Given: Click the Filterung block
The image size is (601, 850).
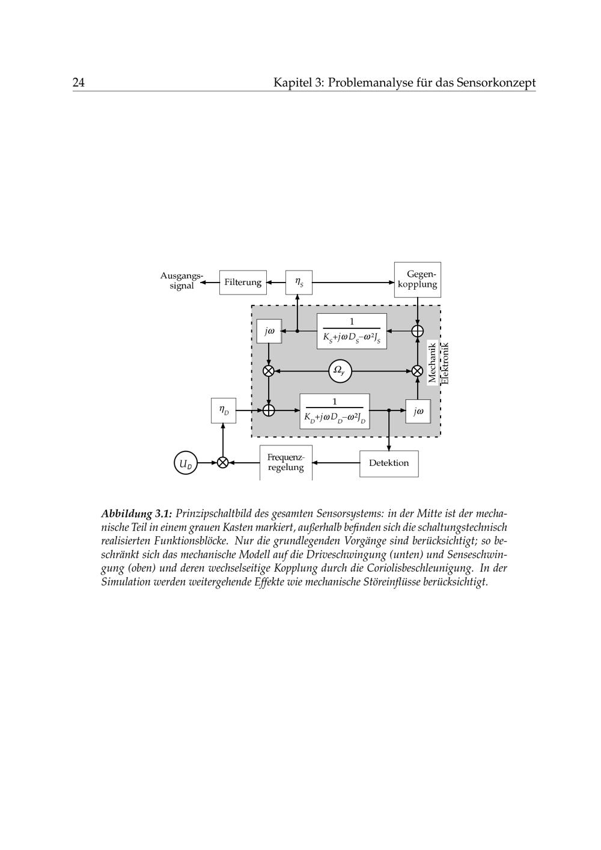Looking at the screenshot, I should click(x=243, y=283).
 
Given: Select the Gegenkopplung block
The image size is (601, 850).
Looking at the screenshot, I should click(x=417, y=280).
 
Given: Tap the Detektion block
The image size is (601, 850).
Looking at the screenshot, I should click(x=389, y=463).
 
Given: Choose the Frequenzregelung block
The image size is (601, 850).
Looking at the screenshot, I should click(x=286, y=463).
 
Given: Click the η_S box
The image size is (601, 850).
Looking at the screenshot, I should click(x=299, y=283).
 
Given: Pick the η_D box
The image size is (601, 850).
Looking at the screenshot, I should click(x=224, y=411).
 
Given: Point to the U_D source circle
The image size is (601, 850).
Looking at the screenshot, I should click(x=186, y=463).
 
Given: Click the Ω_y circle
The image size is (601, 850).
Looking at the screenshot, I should click(x=340, y=371).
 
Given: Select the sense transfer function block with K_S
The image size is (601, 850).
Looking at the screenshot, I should click(x=352, y=331).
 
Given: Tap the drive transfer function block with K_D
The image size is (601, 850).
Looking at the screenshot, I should click(x=335, y=411).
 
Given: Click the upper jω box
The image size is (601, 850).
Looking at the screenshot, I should click(x=269, y=331).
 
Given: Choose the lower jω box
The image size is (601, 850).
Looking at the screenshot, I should click(x=418, y=411).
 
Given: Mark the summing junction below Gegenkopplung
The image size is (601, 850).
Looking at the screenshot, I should click(x=417, y=331).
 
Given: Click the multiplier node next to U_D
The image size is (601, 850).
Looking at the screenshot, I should click(x=223, y=463).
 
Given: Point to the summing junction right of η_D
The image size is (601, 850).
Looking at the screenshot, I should click(x=269, y=411).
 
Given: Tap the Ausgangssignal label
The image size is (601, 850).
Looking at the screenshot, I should click(x=182, y=281).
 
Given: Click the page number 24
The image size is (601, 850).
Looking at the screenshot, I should click(x=79, y=82).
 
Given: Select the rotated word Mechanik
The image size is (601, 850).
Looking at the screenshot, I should click(x=432, y=362).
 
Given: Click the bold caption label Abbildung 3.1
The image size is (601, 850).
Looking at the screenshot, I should click(x=136, y=514).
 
